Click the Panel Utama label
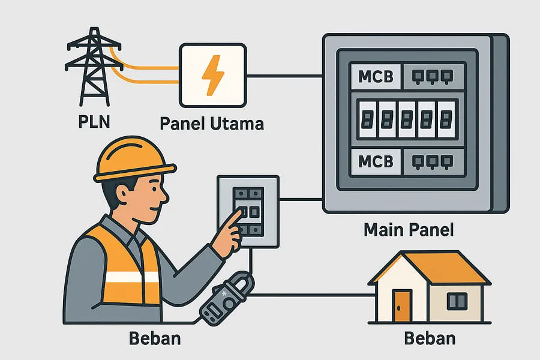click(x=212, y=124)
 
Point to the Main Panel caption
click(x=410, y=230)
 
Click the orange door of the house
click(x=403, y=305)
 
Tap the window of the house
click(x=457, y=299)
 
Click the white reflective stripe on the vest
click(x=132, y=277)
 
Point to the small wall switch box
click(x=248, y=210)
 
